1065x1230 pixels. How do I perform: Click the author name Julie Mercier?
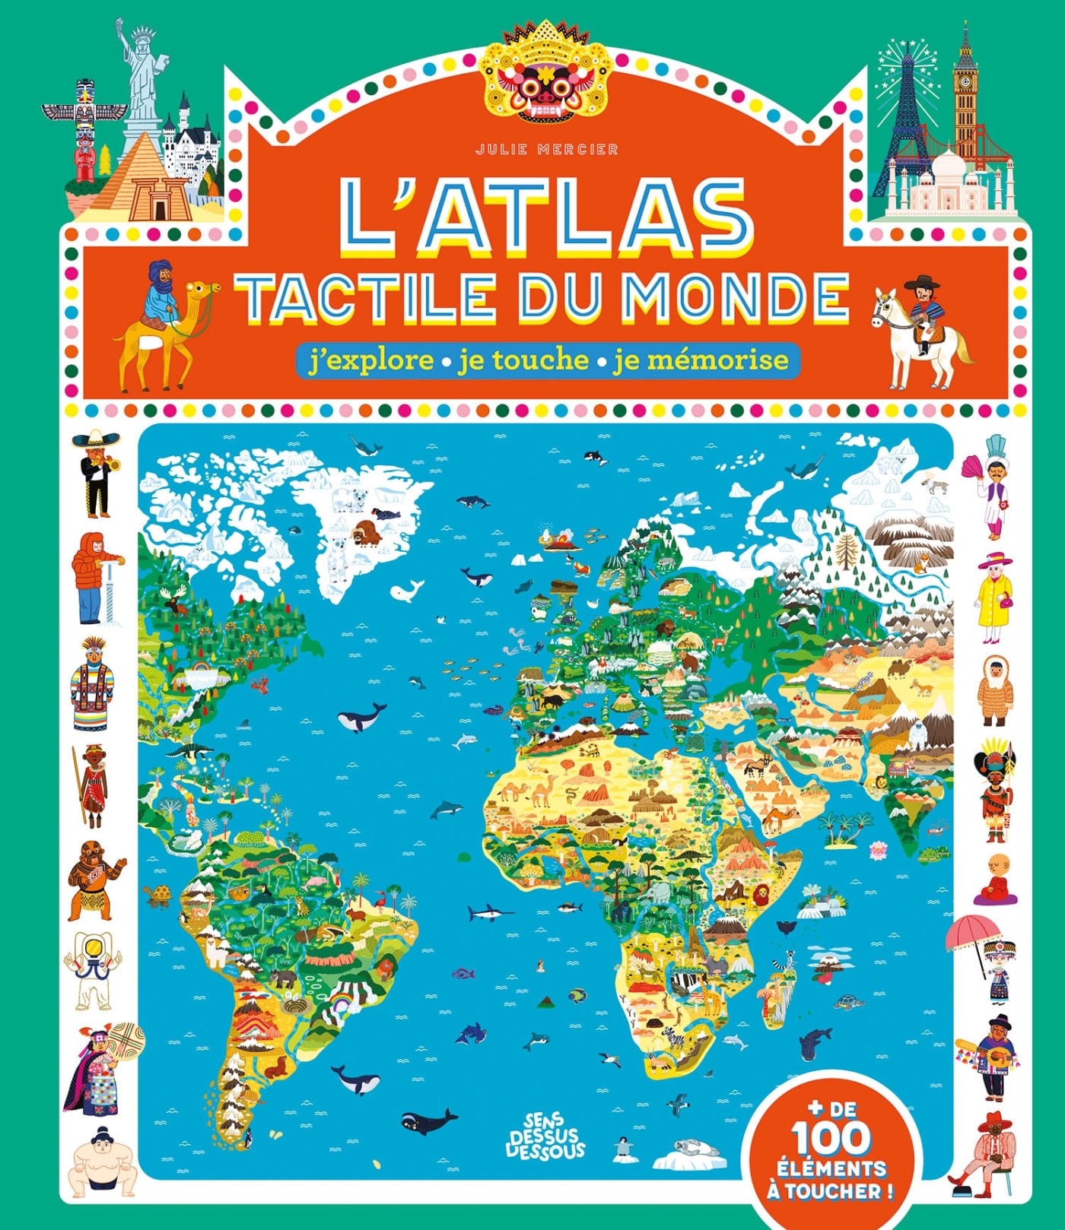tap(547, 150)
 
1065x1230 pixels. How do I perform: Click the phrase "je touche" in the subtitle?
tap(523, 360)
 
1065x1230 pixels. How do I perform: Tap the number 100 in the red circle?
tap(830, 1138)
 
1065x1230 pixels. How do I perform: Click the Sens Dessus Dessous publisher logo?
tap(545, 1134)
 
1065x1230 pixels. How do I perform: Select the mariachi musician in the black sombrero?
tap(97, 471)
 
